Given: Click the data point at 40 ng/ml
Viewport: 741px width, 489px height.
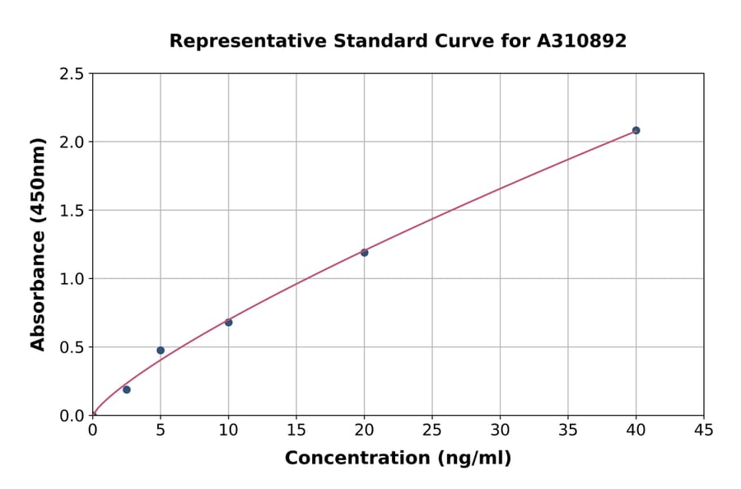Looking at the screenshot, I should [636, 130].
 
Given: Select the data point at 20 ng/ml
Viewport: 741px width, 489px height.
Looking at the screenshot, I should [364, 252].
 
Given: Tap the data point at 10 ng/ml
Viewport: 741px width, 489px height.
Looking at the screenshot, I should [228, 322].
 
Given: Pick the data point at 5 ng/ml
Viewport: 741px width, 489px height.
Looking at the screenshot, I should [161, 350].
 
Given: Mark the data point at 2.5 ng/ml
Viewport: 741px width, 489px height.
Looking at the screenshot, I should [126, 389].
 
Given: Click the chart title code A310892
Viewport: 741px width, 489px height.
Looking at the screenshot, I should [581, 40].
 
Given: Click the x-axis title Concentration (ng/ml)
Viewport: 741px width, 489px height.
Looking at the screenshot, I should [398, 459].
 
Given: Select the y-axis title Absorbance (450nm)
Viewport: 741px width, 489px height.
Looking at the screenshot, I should [38, 244].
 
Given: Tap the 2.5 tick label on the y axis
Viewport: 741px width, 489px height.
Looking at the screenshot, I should [72, 74].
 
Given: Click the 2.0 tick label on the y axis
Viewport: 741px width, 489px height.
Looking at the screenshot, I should [72, 142].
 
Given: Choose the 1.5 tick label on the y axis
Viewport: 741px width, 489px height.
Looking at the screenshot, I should [72, 211].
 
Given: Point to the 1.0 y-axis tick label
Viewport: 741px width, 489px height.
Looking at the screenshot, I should [72, 279].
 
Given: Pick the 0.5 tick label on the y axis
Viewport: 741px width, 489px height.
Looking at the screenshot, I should [72, 347].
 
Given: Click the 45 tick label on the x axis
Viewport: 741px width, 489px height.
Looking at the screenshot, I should [703, 430].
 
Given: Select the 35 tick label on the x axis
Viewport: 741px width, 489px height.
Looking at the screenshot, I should [567, 430].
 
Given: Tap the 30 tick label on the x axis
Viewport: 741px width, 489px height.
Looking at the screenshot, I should [500, 430].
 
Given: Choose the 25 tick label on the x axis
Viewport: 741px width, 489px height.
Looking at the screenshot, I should [431, 430].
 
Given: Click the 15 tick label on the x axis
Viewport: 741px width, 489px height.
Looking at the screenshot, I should [296, 430].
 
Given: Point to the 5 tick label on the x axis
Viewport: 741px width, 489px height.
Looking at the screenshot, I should [161, 430].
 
